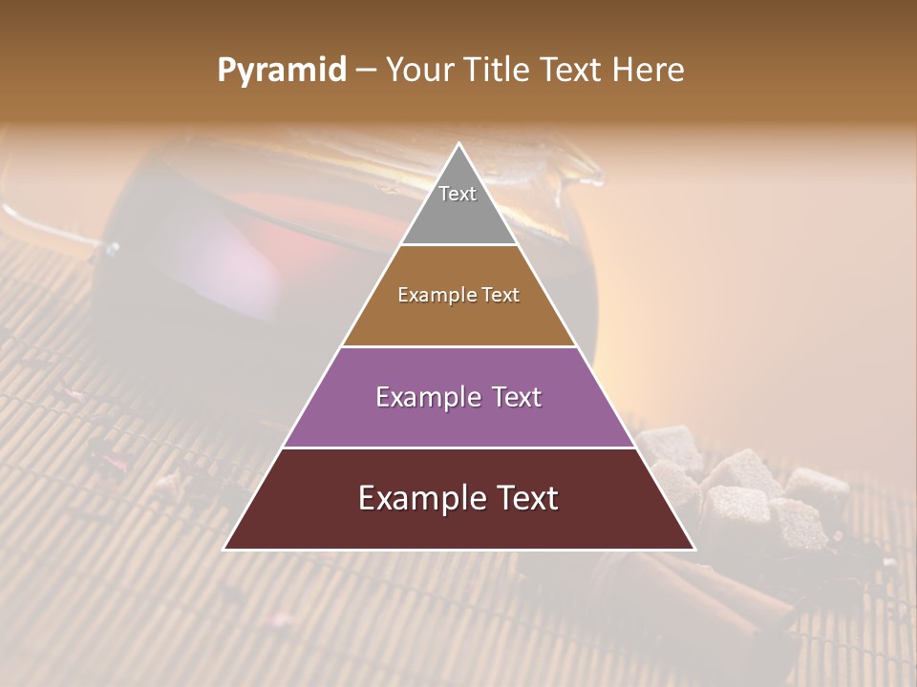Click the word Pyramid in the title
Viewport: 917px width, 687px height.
click(281, 71)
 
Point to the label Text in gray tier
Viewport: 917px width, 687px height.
click(458, 194)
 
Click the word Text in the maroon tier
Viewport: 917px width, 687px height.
click(522, 498)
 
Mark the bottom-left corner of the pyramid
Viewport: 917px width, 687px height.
click(224, 549)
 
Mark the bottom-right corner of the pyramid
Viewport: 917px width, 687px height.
click(694, 549)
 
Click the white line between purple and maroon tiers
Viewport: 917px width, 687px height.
click(458, 448)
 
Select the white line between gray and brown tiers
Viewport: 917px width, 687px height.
click(458, 245)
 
